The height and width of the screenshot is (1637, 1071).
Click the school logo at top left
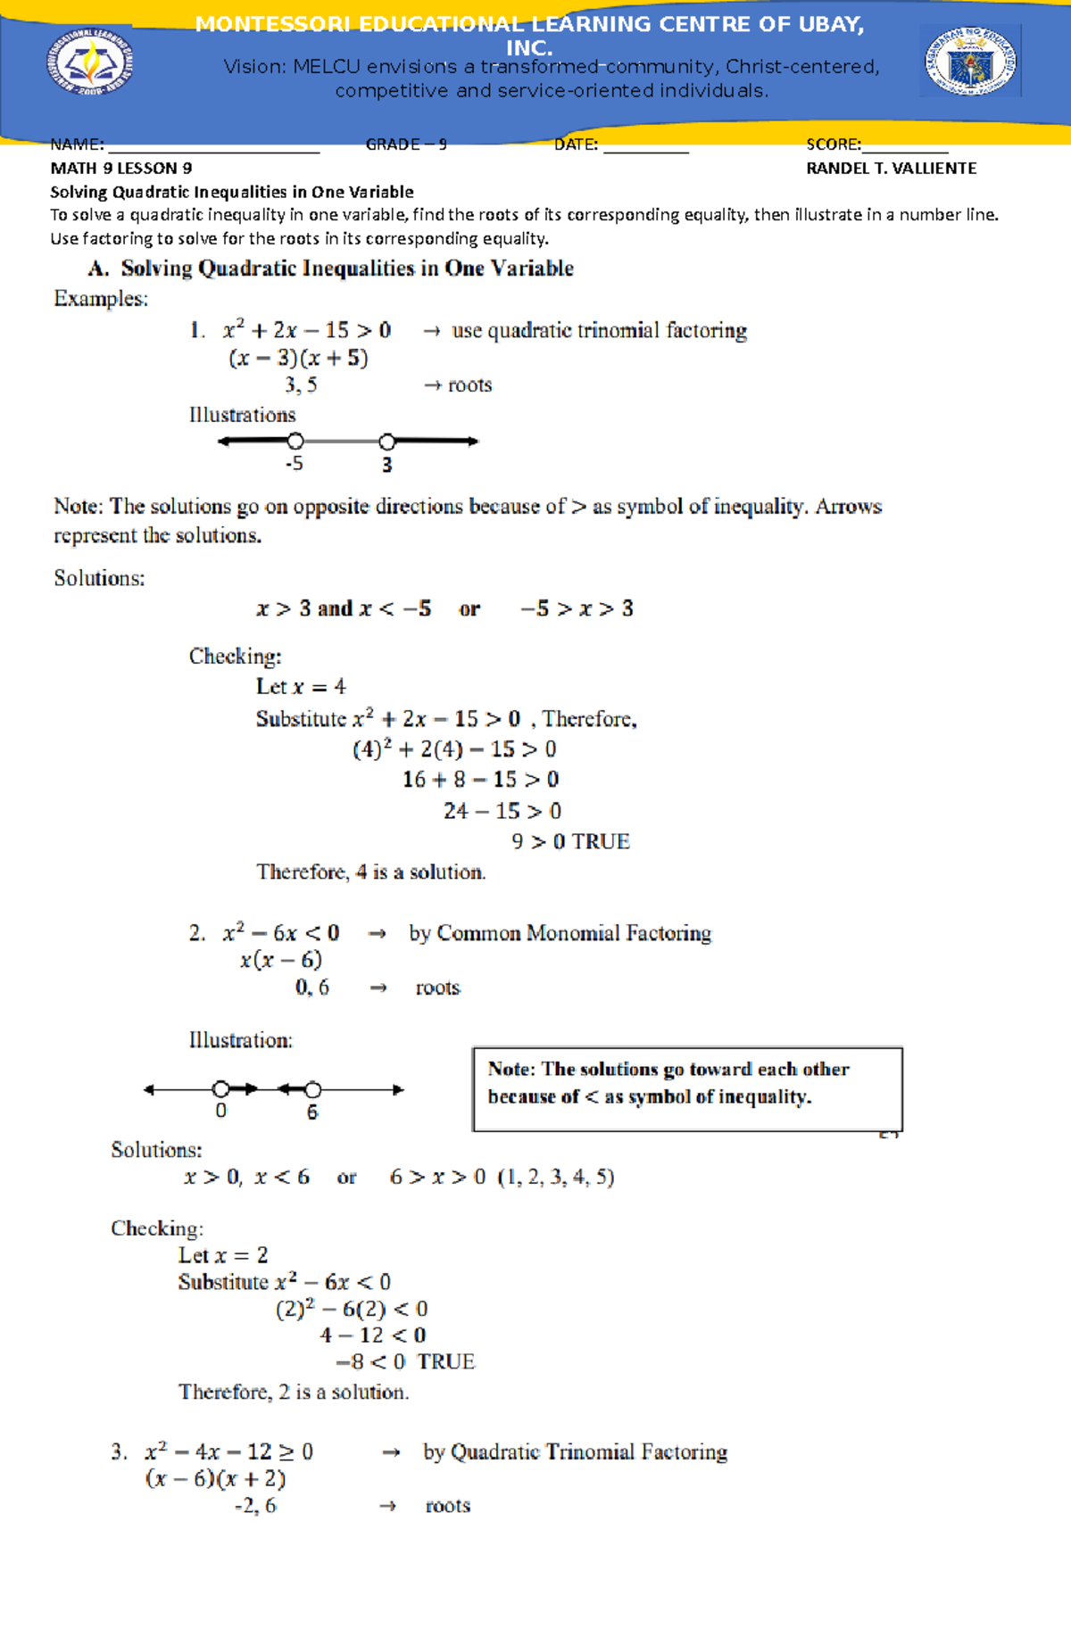pos(90,61)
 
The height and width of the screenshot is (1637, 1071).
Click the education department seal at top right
pos(970,61)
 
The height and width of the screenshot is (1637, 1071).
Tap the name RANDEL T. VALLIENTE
pos(891,168)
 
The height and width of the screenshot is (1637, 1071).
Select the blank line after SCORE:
pos(904,146)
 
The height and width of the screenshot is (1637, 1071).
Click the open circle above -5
pos(295,441)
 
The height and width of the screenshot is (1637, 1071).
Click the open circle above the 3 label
pos(386,441)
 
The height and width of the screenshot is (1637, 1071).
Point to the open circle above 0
pos(220,1088)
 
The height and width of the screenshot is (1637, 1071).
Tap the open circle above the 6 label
pos(312,1089)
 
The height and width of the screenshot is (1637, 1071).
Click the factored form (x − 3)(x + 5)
pos(298,358)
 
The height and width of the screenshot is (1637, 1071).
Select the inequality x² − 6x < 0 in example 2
pos(280,933)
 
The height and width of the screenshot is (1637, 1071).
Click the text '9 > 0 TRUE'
pos(570,841)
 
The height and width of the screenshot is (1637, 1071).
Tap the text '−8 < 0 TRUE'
pos(405,1361)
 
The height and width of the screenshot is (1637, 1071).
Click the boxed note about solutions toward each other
pos(686,1088)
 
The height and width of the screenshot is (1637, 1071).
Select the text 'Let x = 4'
pos(301,687)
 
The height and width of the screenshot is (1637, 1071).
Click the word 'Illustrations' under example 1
pos(242,415)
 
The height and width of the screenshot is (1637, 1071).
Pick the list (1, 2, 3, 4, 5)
pos(556,1177)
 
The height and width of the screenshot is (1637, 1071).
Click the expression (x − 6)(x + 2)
pos(215,1478)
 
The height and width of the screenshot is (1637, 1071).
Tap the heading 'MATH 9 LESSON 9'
pos(120,168)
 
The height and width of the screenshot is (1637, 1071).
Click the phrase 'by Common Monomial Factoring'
pos(560,933)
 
